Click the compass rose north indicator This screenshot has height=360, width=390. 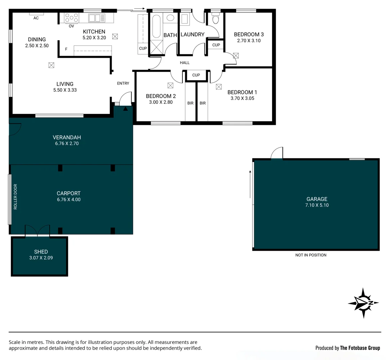pyautogui.click(x=363, y=303)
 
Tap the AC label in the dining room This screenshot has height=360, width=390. pyautogui.click(x=36, y=18)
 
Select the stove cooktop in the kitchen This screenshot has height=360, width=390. pyautogui.click(x=71, y=17)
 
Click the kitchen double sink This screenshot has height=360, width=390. pyautogui.click(x=97, y=18)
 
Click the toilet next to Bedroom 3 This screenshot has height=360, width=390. pyautogui.click(x=215, y=19)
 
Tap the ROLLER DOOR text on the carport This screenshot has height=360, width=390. pyautogui.click(x=15, y=197)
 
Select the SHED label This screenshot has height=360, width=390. pyautogui.click(x=41, y=252)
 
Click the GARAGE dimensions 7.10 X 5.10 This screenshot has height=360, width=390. pyautogui.click(x=317, y=205)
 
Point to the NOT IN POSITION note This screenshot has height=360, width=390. pyautogui.click(x=311, y=255)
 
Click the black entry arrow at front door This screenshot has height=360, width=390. pyautogui.click(x=126, y=108)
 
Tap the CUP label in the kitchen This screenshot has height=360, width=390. pyautogui.click(x=143, y=48)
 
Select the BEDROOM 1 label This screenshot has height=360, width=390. pyautogui.click(x=242, y=92)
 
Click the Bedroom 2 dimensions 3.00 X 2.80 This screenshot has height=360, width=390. pyautogui.click(x=161, y=102)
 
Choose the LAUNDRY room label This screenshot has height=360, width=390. pyautogui.click(x=193, y=34)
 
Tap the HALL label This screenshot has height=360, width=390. pyautogui.click(x=185, y=63)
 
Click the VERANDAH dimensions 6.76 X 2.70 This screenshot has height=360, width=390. pyautogui.click(x=67, y=143)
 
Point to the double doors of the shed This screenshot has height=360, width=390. pyautogui.click(x=38, y=231)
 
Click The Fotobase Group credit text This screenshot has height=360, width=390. pyautogui.click(x=360, y=348)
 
